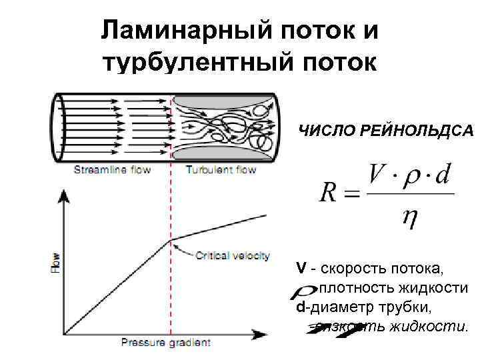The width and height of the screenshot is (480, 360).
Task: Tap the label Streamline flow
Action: [x=112, y=170]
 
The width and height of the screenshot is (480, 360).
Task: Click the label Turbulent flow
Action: [x=221, y=170]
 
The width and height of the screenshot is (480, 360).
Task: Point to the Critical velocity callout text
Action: [x=233, y=255]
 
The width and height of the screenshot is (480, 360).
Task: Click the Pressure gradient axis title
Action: [x=165, y=343]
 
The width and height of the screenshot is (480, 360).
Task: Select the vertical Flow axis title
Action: [x=56, y=263]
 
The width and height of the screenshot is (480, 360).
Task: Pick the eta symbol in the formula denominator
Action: [x=409, y=217]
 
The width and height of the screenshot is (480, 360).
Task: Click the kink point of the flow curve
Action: [x=171, y=240]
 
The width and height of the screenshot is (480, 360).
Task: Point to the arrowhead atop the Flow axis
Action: [x=64, y=194]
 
